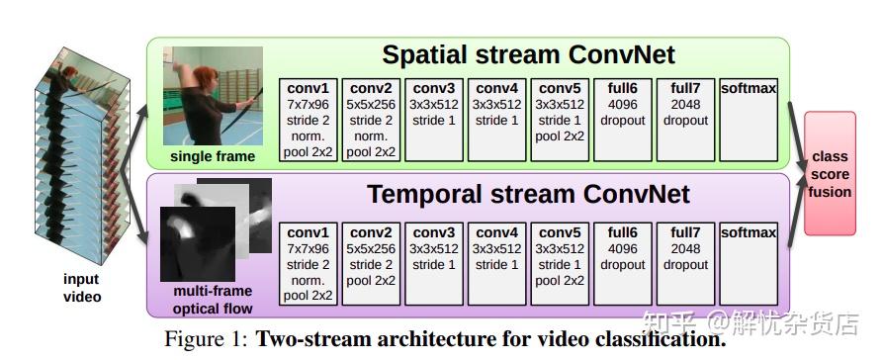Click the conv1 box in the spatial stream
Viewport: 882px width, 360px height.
[309, 119]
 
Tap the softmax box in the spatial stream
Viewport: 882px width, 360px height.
[749, 119]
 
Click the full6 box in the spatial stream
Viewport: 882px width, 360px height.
[623, 119]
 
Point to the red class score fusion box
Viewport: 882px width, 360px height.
[829, 174]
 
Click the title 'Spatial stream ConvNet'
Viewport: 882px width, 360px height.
[528, 54]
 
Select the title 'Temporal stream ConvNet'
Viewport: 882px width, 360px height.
[528, 194]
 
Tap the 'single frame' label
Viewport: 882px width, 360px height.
[213, 156]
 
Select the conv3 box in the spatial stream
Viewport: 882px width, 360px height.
[434, 119]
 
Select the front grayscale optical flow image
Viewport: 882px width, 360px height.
[198, 242]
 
